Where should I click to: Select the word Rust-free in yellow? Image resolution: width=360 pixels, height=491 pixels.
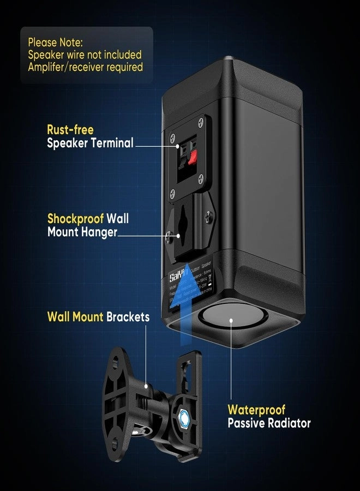click(70, 130)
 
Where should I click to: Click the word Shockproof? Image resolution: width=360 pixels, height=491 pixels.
click(75, 218)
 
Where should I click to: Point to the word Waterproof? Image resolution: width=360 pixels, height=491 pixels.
click(256, 409)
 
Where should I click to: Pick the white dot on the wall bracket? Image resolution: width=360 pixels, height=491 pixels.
click(147, 386)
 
